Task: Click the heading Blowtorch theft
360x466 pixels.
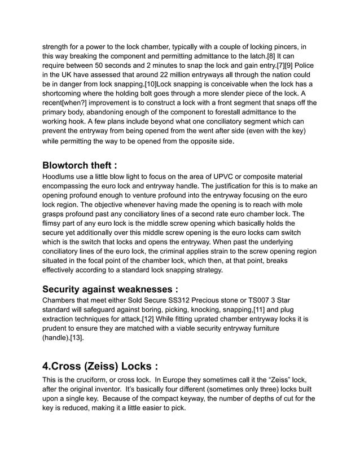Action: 80,165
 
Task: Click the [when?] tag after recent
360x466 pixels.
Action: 85,103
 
